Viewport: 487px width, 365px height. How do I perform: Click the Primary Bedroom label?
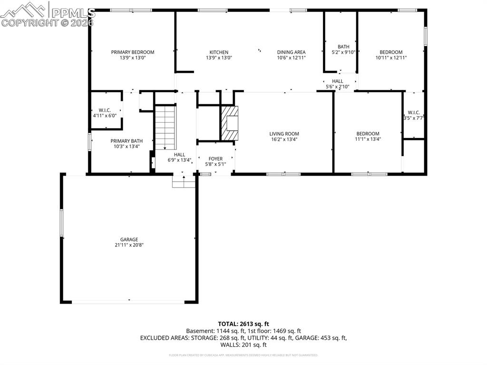click(x=133, y=52)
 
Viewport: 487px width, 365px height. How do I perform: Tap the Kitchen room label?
click(x=219, y=52)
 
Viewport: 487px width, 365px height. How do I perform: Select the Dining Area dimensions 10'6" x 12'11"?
click(x=291, y=58)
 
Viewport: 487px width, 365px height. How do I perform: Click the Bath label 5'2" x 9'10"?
click(x=343, y=49)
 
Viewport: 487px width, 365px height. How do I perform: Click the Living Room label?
click(x=284, y=134)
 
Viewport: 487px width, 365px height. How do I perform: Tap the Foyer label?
click(x=215, y=159)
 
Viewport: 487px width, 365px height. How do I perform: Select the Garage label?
click(x=129, y=240)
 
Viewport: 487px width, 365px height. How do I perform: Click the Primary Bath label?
click(x=127, y=141)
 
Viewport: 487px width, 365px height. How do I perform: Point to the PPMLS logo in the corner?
click(x=48, y=14)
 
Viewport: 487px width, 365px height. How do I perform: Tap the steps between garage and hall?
click(x=184, y=181)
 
